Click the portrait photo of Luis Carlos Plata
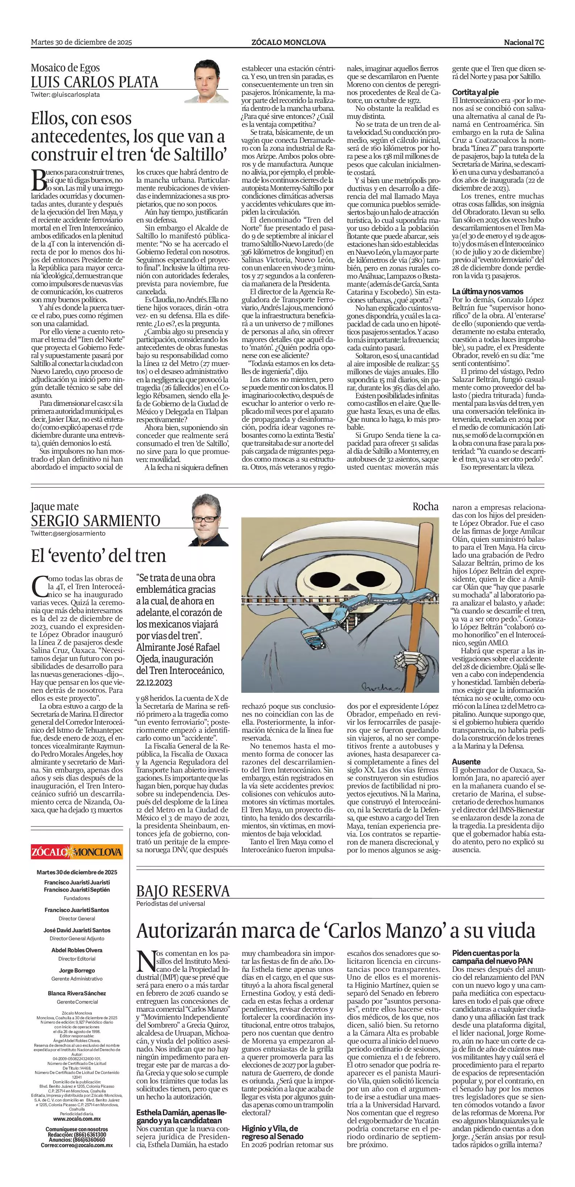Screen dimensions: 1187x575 coord(210,81)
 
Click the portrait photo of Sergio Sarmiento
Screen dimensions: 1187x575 coord(210,520)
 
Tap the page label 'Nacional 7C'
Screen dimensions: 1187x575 coord(524,42)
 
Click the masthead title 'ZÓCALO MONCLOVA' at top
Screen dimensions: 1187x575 coord(288,42)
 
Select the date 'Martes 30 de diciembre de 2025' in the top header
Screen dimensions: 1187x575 coord(81,42)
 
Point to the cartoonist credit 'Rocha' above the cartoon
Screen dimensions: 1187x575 coord(425,507)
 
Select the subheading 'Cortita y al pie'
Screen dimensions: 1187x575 coord(475,92)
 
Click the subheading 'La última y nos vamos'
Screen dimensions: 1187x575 coord(487,291)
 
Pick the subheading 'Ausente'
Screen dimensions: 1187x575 coord(466,762)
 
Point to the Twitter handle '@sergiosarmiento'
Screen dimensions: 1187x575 coord(68,533)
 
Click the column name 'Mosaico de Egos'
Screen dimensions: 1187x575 coord(66,68)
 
